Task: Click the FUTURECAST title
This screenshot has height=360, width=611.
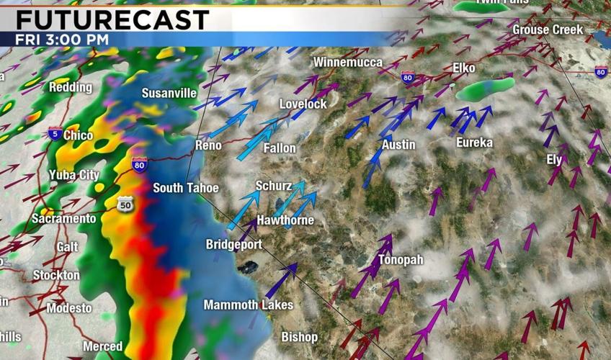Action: coord(106,19)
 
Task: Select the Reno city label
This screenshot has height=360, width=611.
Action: coord(208,145)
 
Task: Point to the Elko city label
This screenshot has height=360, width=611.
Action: coord(464,68)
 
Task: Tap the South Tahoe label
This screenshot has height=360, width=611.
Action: coord(185,188)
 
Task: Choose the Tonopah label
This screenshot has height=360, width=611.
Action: coord(400,260)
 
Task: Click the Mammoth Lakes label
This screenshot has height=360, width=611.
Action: coord(248,305)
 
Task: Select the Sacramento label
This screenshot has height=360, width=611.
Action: coord(63,218)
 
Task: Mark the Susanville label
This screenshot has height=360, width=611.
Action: coord(169,93)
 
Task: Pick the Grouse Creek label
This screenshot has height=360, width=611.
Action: coord(548,30)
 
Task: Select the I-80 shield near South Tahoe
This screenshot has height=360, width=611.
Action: coord(140,164)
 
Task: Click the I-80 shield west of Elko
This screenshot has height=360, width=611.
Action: coord(408,76)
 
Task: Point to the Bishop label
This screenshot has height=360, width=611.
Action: coord(299,337)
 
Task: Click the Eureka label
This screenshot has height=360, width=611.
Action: coord(474,143)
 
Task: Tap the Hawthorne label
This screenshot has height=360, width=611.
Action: coord(285,220)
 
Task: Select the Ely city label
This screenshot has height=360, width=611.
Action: coord(554,160)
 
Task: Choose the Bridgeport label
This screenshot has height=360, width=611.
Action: coord(233,245)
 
